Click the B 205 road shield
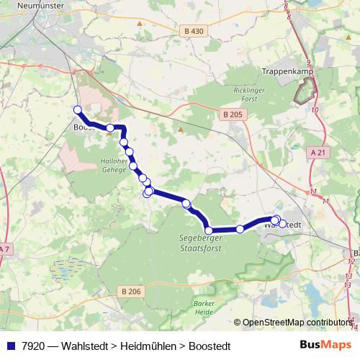pyautogui.click(x=233, y=114)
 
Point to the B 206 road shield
pyautogui.click(x=131, y=291)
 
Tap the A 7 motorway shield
pyautogui.click(x=4, y=249)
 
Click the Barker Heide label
pyautogui.click(x=204, y=308)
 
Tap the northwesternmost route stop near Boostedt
pyautogui.click(x=78, y=109)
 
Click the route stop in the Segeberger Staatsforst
pyautogui.click(x=209, y=230)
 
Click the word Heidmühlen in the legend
pyautogui.click(x=143, y=345)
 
